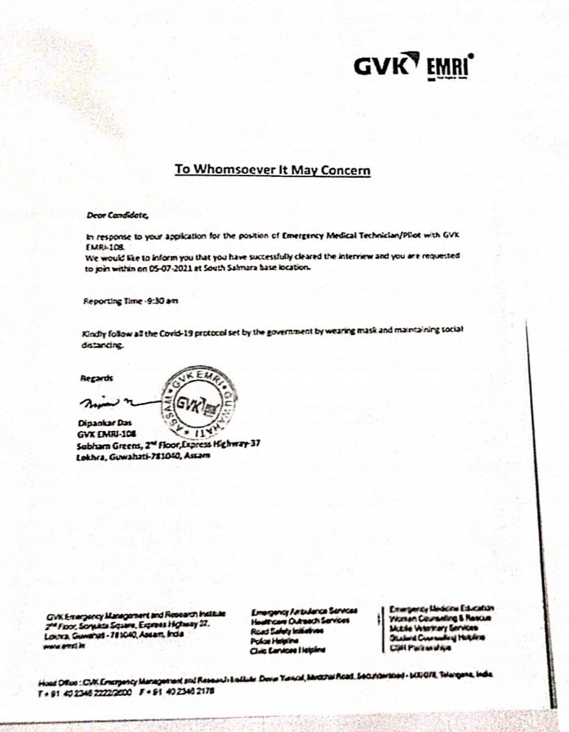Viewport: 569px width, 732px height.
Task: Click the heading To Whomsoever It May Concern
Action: point(272,170)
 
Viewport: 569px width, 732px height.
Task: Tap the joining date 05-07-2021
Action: point(172,269)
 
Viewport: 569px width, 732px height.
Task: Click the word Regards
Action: point(97,378)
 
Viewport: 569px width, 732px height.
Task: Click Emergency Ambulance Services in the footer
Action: point(304,612)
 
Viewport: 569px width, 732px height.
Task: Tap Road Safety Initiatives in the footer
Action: point(292,631)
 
